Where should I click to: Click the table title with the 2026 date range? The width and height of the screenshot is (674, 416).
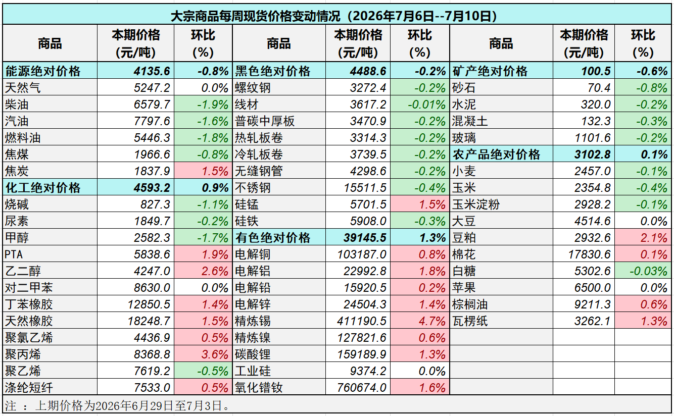[x=333, y=16]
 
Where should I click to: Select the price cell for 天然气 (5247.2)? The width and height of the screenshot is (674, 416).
[x=152, y=88]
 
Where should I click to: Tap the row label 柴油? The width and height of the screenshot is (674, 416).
[x=17, y=105]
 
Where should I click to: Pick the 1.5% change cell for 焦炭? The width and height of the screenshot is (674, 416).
[x=215, y=171]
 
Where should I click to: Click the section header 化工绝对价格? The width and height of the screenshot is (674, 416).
[x=43, y=188]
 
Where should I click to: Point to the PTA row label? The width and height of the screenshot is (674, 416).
[x=14, y=254]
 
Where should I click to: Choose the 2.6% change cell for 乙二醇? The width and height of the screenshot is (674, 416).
[x=215, y=271]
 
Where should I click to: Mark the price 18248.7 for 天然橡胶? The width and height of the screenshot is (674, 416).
[x=149, y=321]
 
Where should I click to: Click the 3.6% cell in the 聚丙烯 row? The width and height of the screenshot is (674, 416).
[x=215, y=354]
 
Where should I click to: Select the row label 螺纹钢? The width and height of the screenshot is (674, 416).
[x=253, y=88]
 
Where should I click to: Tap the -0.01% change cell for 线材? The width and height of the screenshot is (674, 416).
[x=426, y=105]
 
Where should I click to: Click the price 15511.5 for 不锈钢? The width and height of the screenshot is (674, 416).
[x=365, y=188]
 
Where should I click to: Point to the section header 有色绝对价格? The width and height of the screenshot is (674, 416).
[x=273, y=238]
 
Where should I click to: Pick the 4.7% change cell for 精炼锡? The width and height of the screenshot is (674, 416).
[x=432, y=321]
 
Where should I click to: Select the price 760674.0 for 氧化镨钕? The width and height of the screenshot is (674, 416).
[x=362, y=387]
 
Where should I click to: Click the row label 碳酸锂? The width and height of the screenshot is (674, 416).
[x=253, y=354]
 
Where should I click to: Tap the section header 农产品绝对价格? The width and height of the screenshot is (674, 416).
[x=496, y=154]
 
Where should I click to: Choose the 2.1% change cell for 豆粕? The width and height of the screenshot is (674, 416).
[x=654, y=238]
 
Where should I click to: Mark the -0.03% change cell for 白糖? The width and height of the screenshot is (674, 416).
[x=649, y=271]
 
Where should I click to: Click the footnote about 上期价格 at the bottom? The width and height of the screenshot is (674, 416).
[x=117, y=406]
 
